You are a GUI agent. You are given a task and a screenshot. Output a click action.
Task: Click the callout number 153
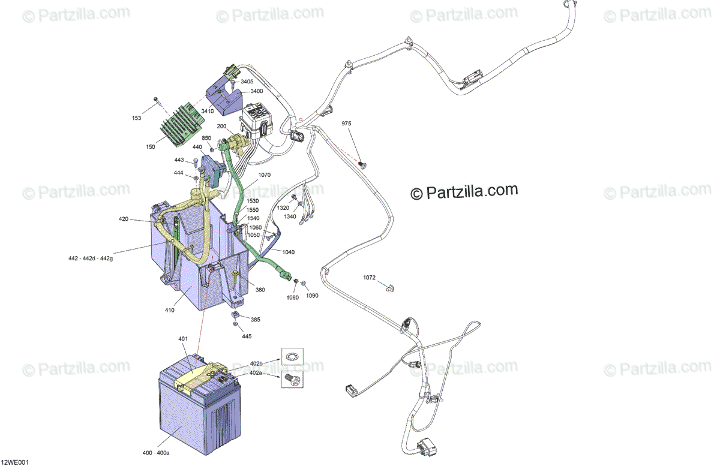pos(137,118)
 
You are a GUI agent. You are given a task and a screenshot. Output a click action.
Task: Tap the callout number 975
pos(347,124)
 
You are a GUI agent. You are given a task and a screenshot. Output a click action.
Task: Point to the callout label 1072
pos(369,278)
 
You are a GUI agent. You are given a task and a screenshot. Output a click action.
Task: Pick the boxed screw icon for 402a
pos(292,378)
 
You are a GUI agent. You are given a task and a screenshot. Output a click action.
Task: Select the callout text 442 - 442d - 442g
pos(91,258)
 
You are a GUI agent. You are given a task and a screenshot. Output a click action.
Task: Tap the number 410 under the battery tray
pos(170,310)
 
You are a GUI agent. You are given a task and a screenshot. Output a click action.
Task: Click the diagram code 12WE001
pos(14,462)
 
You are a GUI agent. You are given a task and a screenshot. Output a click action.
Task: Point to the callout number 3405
pos(247,82)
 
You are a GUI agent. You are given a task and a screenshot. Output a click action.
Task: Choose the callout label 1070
pos(265,176)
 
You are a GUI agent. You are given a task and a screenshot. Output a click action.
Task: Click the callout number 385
pos(256,320)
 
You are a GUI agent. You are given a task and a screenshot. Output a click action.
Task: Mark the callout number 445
pos(247,336)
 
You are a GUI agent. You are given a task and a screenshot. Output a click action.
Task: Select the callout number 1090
pos(313,296)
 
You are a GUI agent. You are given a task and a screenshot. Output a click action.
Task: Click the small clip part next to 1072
pos(389,288)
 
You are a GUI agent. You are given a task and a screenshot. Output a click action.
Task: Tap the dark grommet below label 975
pos(362,164)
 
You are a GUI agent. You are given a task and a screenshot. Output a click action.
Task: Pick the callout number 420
pos(124,220)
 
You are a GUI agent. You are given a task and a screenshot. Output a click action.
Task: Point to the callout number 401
pos(183,339)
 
